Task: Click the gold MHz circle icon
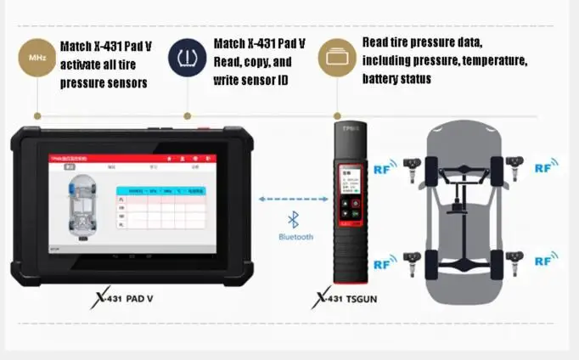(36, 58)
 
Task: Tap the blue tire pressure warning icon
(187, 58)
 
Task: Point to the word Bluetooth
(295, 237)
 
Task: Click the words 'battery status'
(396, 79)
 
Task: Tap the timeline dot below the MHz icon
(36, 115)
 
